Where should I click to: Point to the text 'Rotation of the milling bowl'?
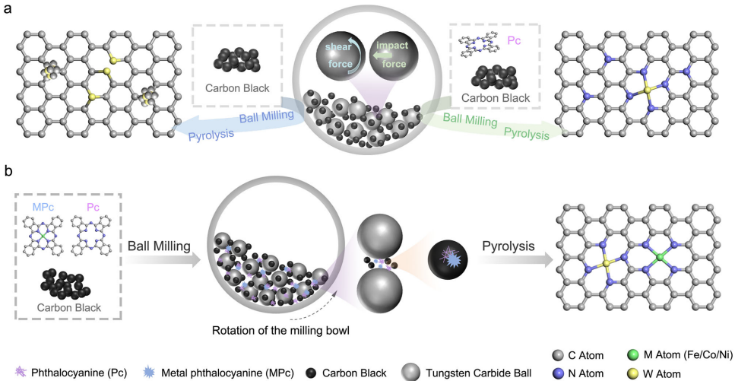click(277, 332)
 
